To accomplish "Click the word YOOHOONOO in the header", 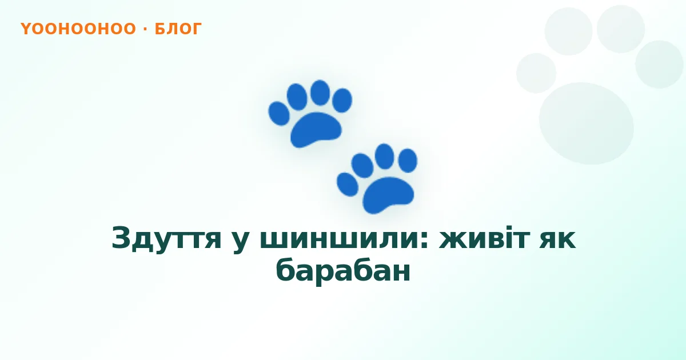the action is pos(78,29).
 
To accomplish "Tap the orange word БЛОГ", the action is pos(178,29).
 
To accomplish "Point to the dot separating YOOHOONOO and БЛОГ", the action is pos(145,29).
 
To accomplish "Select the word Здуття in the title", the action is pos(166,238).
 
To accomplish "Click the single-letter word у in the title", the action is pos(241,242).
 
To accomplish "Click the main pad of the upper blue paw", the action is pos(316,130).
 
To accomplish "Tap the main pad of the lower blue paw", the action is pos(388,195).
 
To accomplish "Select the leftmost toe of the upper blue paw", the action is pos(279,114).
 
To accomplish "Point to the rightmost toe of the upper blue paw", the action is pos(342,101).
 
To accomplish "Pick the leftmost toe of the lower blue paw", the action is pos(348,185).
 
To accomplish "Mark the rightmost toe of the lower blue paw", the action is pos(408,161).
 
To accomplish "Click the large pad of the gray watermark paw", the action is pos(587,123).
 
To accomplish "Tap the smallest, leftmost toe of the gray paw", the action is pos(536,73).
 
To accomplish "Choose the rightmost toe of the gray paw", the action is pos(659,64).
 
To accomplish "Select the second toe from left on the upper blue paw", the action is pos(297,97).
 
